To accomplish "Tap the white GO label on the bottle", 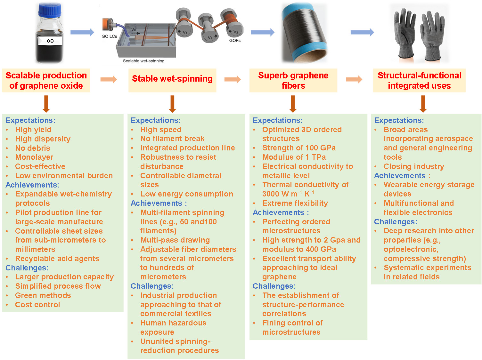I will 50,41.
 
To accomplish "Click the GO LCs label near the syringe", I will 109,36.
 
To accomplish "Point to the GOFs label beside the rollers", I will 235,41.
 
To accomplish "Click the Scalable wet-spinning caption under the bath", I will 143,61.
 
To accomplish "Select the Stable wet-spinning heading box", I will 172,79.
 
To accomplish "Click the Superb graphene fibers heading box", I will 293,80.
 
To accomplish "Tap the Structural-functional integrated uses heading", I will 419,80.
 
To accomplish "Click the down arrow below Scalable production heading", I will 46,104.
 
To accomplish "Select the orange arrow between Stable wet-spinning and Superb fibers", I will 233,79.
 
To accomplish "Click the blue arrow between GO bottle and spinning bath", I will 82,32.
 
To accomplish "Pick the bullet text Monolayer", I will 34,157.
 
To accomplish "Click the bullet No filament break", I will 172,139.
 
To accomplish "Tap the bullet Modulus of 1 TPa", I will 294,157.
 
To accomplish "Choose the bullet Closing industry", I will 414,166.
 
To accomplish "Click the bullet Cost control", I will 37,305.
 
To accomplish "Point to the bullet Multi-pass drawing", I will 175,240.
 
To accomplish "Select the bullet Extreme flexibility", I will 295,203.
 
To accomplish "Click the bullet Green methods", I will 43,295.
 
